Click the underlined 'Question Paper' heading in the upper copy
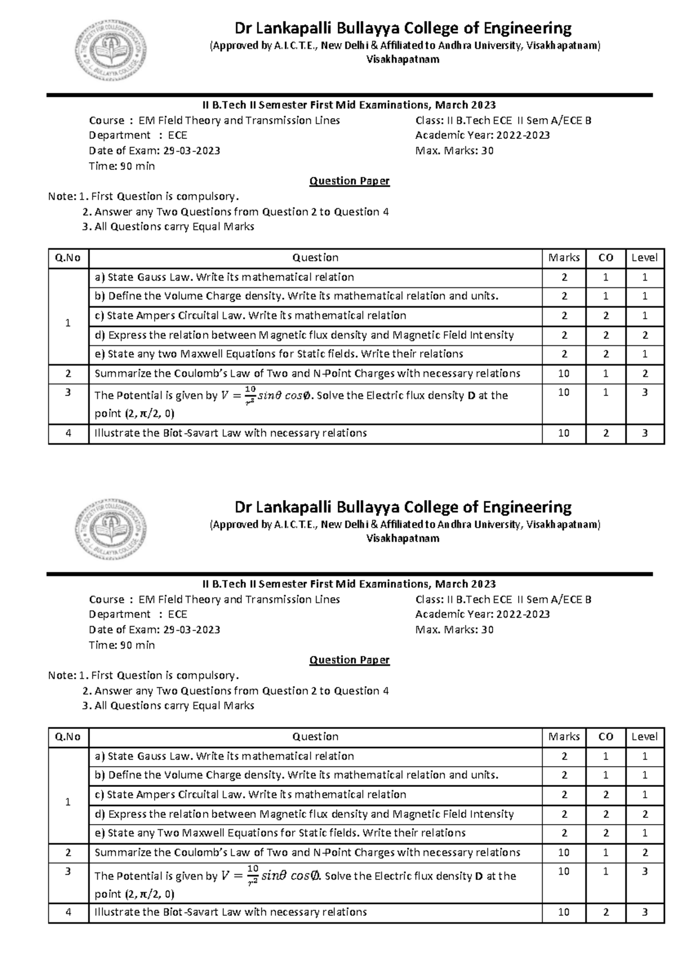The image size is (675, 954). point(349,181)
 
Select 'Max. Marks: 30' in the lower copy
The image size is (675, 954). point(454,629)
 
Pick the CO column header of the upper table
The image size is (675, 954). point(606,258)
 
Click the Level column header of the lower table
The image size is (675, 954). point(644,736)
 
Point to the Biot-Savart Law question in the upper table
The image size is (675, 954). point(231,433)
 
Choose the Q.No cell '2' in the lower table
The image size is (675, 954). point(68,852)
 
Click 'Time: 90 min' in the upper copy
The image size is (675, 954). point(121,166)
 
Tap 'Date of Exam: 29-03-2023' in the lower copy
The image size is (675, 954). point(154,629)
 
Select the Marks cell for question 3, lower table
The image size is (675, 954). point(564,871)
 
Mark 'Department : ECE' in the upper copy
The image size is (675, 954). point(138,135)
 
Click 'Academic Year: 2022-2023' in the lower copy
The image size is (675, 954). point(482,614)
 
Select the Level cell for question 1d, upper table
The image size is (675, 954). point(645,335)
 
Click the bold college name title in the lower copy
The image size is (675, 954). point(403,507)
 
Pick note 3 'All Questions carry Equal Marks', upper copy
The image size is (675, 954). point(168,227)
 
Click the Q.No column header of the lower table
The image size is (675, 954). point(68,736)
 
